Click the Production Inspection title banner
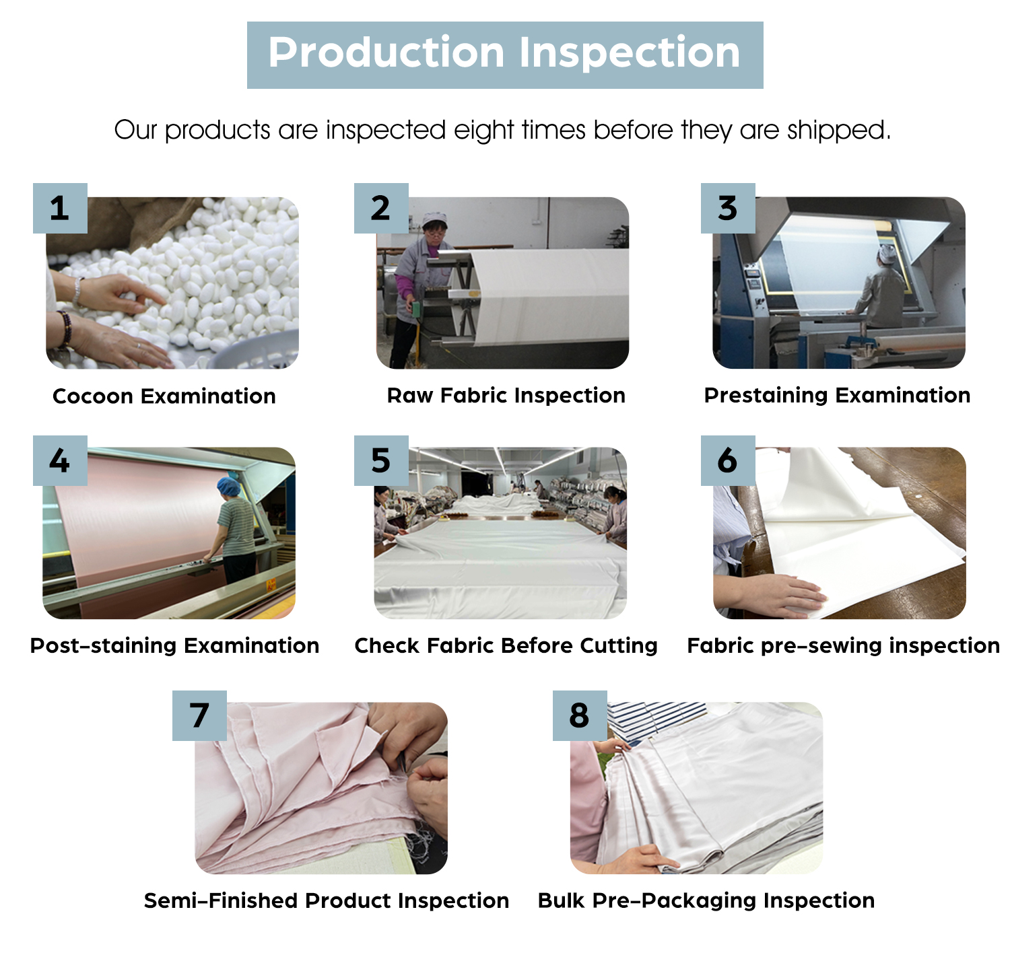coord(504,55)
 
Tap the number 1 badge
coord(60,208)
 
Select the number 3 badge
coord(727,208)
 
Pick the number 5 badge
coord(380,460)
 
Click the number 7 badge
coord(199,715)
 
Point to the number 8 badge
coord(580,715)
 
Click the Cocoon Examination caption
coord(164,396)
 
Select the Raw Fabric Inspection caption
coord(506,396)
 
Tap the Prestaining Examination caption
coord(837,396)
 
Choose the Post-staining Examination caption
coord(174,645)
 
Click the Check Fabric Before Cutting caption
coord(506,645)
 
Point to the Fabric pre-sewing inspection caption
coord(843,645)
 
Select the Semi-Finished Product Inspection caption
coord(326,900)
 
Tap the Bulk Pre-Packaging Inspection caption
coord(706,900)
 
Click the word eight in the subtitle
coord(483,130)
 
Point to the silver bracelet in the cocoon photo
coord(77,291)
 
